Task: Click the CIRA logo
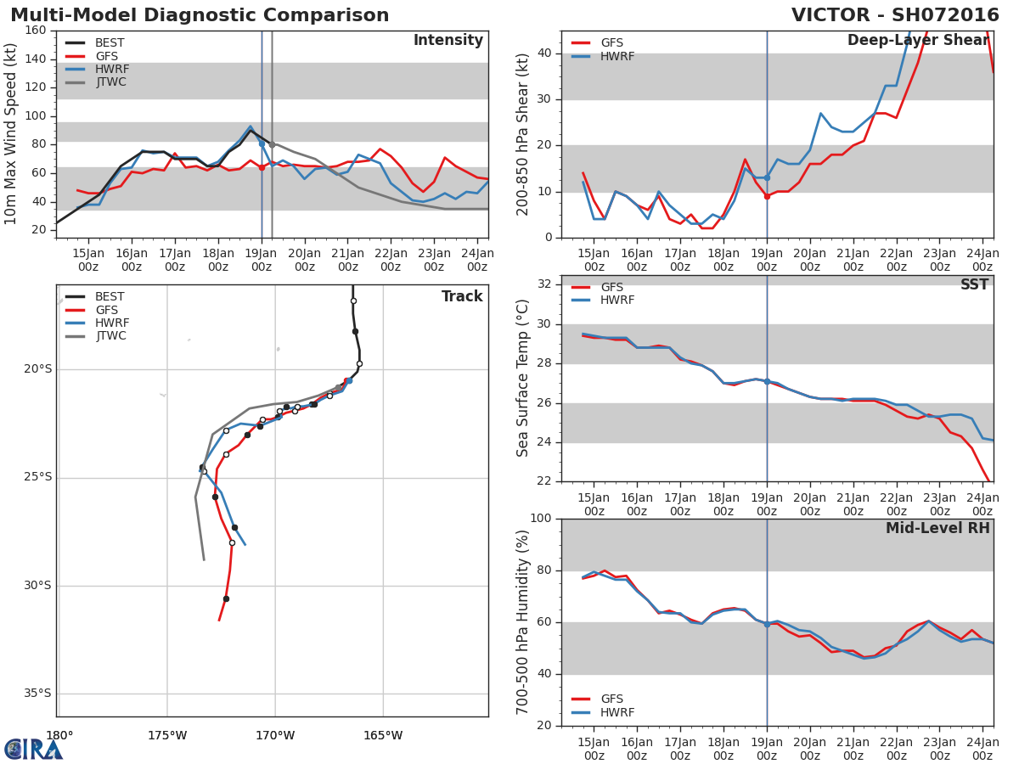click(33, 750)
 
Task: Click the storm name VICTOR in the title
click(830, 14)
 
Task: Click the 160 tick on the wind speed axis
click(36, 31)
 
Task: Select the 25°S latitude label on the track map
click(38, 477)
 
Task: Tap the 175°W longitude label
click(167, 736)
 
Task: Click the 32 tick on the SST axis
click(544, 284)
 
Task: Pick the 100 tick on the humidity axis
click(541, 518)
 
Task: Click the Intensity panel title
click(448, 41)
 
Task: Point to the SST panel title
click(975, 284)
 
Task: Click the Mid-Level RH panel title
click(937, 528)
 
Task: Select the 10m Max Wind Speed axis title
click(10, 134)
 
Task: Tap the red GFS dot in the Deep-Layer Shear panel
click(767, 197)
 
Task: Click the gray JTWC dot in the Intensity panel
click(272, 144)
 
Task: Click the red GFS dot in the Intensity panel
click(262, 167)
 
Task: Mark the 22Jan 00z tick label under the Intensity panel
click(391, 261)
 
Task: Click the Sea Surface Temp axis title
click(522, 378)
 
